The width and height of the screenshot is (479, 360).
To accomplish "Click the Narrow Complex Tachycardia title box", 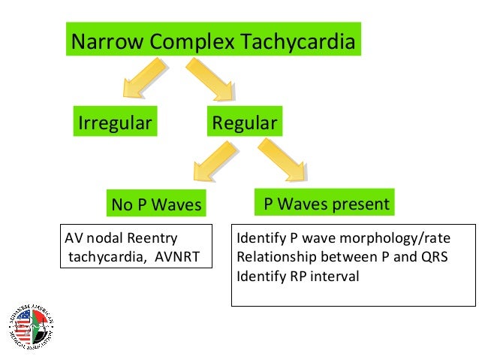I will click(x=212, y=42).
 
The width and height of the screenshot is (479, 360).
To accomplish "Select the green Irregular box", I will click(x=113, y=123).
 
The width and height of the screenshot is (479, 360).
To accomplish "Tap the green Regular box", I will click(x=245, y=123).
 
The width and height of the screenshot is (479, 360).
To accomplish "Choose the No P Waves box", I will click(x=157, y=204).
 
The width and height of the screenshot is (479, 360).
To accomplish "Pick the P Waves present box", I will click(x=325, y=204).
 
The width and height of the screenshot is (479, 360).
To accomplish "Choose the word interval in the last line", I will click(x=334, y=276).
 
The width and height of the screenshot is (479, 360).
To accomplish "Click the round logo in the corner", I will click(x=32, y=327).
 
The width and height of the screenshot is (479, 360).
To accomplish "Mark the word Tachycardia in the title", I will click(x=295, y=42).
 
